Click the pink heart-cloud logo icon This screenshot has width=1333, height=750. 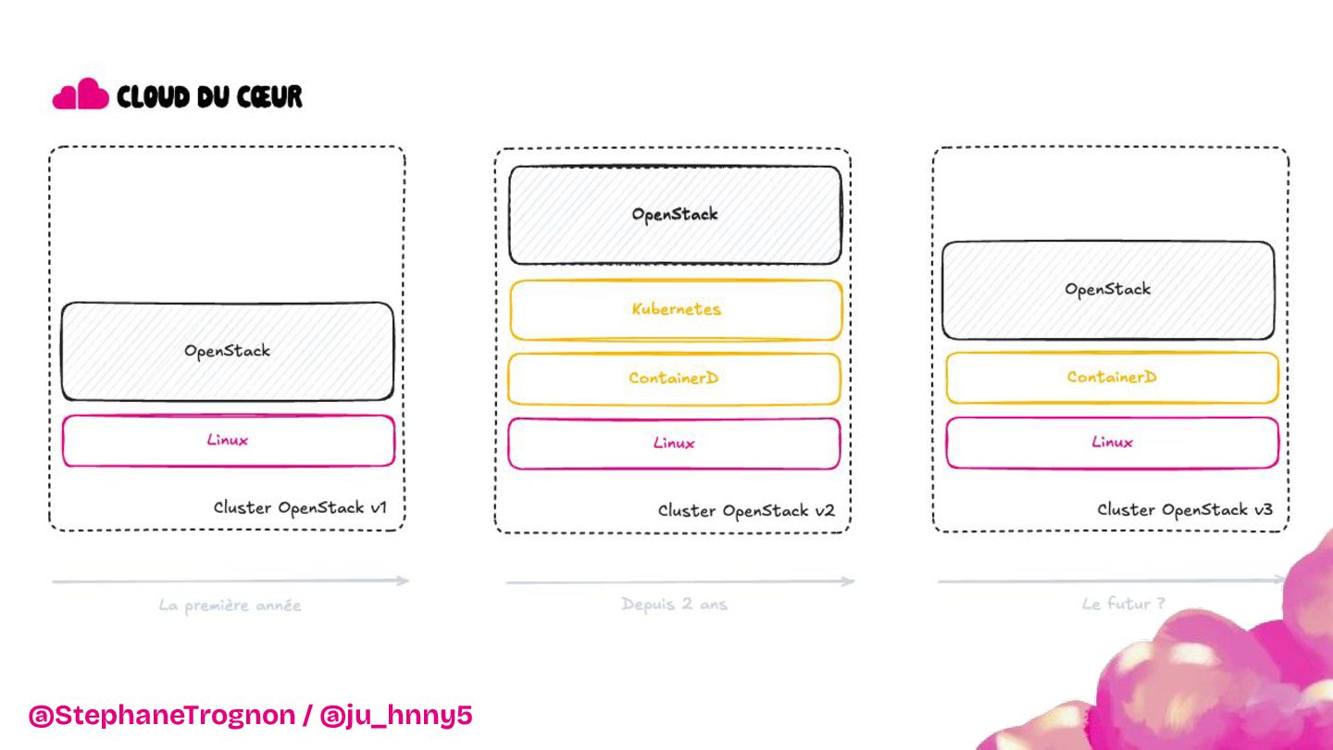[80, 94]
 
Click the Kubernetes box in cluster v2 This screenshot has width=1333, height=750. [676, 310]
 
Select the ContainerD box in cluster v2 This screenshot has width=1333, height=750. [674, 379]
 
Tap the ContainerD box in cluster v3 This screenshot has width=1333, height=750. [1112, 378]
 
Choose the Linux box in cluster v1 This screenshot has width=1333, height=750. [228, 441]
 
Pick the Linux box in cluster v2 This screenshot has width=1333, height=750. [674, 444]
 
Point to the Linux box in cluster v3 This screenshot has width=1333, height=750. [1112, 443]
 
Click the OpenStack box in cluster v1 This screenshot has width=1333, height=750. [228, 352]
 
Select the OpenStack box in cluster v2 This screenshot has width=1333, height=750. [675, 215]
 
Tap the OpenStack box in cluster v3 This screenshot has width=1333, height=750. [1108, 290]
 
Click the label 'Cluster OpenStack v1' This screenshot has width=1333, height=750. [300, 507]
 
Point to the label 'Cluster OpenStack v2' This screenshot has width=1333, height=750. [746, 510]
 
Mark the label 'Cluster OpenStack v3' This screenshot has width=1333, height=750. [1185, 509]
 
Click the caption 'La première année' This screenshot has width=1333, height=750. [230, 606]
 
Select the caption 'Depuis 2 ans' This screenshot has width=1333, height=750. [674, 605]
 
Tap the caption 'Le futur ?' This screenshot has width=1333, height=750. [1123, 604]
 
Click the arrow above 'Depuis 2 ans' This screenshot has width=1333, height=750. [679, 581]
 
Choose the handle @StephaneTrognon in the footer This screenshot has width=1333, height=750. [161, 716]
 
